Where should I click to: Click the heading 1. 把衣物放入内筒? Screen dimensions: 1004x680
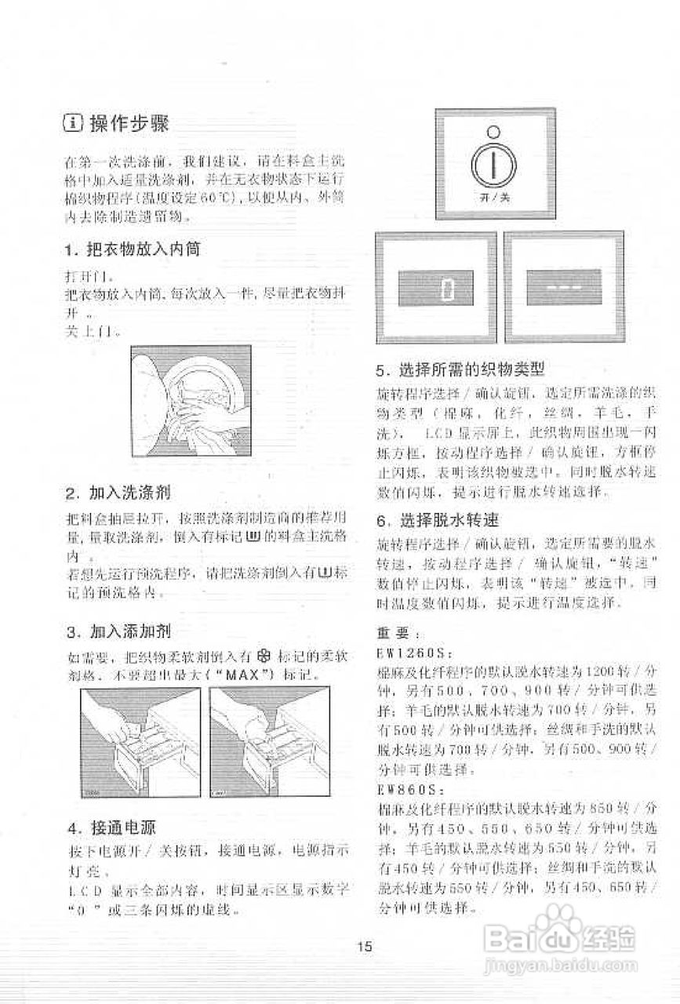pos(132,250)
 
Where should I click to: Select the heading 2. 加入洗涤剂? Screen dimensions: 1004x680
pos(118,493)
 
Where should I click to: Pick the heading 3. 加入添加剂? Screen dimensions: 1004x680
pos(118,631)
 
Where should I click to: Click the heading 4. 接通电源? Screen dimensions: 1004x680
pos(113,827)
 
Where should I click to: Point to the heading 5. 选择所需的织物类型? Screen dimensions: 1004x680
pos(460,369)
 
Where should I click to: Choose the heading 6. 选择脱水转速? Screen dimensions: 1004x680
pos(438,520)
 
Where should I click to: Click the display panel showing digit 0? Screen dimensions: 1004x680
pos(436,288)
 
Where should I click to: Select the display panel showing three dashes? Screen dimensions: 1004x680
pos(564,288)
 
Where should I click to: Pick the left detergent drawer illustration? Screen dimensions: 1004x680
pos(140,742)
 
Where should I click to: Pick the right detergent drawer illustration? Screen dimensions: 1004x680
pos(271,742)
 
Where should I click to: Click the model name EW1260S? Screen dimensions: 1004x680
pos(411,652)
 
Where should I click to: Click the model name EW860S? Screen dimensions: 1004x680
pos(408,787)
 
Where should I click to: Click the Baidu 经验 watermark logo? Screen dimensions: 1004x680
pos(560,942)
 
